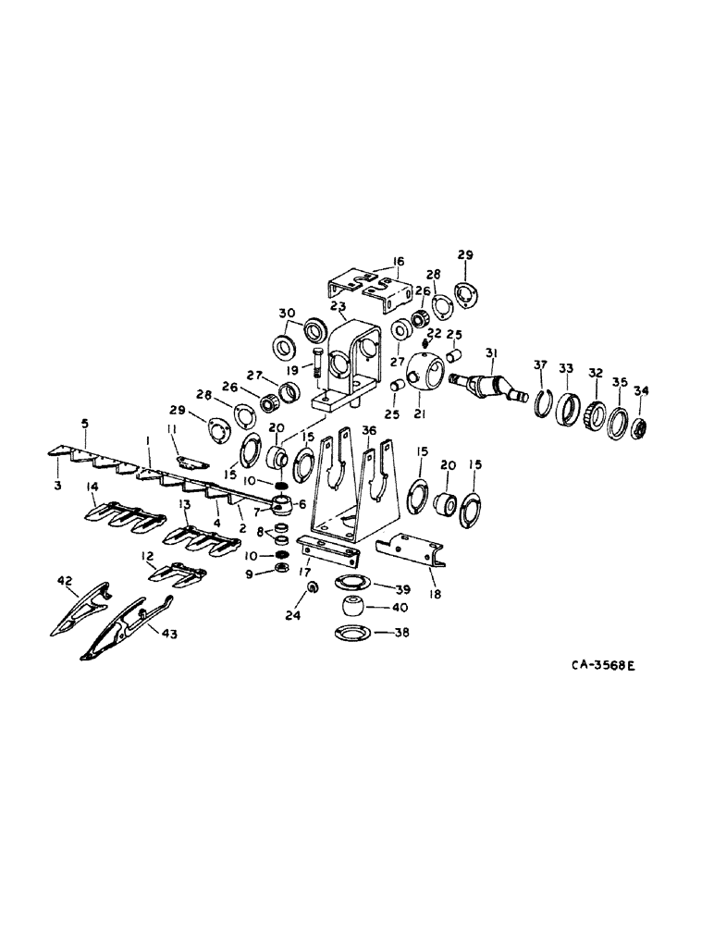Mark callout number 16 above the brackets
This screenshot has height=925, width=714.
coord(397,262)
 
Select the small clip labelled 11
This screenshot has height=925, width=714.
coord(190,462)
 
